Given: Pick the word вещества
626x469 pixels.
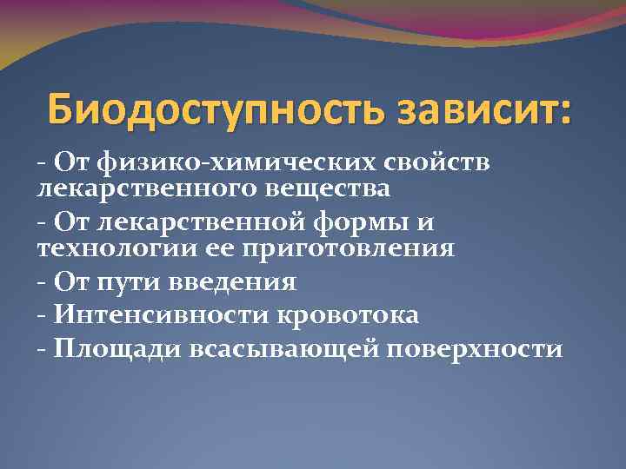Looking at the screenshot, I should (x=316, y=187).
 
